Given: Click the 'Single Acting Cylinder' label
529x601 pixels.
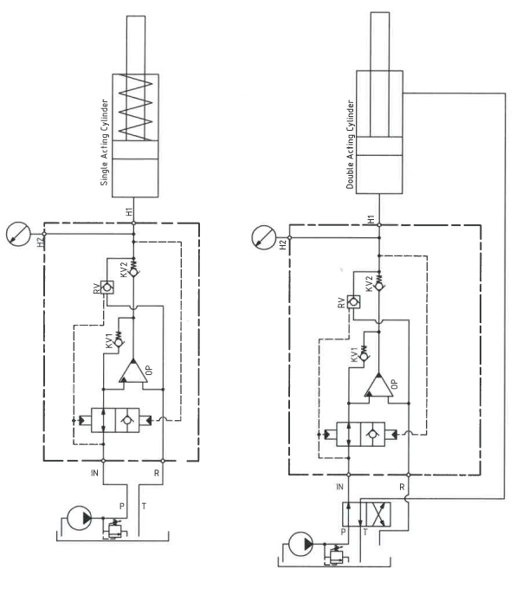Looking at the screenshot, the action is coord(104,143).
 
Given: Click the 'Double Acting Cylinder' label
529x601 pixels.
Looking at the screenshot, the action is coord(350,145).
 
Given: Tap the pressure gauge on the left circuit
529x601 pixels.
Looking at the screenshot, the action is coord(18,234).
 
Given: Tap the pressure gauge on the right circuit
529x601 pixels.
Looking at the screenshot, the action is coord(264,237).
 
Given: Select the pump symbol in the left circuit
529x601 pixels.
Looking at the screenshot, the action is coord(80,518).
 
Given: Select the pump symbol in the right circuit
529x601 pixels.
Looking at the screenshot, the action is coord(300,544).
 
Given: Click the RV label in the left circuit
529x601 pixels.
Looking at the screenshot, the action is coord(97,288).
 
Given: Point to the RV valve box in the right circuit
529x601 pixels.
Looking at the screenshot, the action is coord(353,302).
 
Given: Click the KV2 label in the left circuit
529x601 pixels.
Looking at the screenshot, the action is coord(124,269).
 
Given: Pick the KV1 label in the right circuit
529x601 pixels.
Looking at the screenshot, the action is coord(354,354).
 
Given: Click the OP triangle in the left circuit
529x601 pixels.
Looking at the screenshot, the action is coord(133,371).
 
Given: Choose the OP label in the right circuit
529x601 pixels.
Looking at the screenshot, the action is coord(395,384).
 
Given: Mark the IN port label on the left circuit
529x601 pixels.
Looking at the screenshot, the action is coord(94,473).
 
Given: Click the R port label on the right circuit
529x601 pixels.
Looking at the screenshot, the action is coord(402,487).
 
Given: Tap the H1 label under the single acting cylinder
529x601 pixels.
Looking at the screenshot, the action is coord(129,211).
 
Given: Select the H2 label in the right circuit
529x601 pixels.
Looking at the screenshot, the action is coord(283,244).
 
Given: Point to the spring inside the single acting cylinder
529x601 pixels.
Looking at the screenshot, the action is coord(135,107).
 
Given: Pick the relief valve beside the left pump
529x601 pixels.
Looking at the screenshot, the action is coord(114,529).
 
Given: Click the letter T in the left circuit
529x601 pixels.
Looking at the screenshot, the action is coord(144,506).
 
